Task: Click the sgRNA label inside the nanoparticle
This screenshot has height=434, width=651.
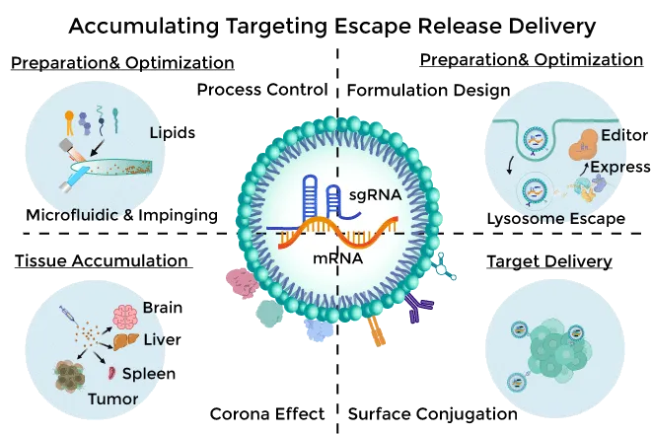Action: (376, 195)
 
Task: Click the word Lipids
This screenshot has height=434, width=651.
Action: (172, 132)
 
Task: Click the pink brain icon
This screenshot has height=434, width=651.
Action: (125, 316)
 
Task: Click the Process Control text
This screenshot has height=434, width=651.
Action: (261, 91)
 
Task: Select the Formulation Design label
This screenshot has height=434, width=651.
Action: (429, 91)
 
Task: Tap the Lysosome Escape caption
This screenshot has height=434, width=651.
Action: (556, 218)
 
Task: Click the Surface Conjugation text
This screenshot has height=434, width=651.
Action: (431, 414)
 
